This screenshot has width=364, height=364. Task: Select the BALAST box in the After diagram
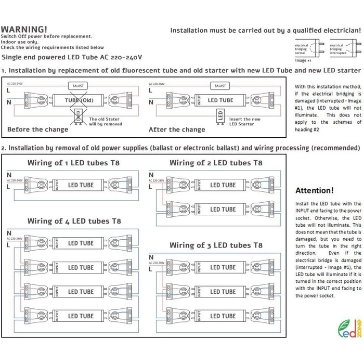tap(220, 85)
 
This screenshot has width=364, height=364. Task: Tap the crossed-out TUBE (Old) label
tap(79, 100)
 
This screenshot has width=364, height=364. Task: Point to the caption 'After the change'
tap(177, 129)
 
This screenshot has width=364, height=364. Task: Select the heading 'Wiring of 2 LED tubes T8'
tap(216, 163)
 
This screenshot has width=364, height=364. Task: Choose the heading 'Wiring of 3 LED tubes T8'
tap(216, 245)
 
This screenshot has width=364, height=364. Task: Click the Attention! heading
tap(314, 191)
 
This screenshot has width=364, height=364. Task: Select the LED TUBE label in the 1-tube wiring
tap(81, 185)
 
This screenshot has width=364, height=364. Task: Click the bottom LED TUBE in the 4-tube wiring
tap(81, 316)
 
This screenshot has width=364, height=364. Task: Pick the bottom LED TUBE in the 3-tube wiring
tap(223, 316)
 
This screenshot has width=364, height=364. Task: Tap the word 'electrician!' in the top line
tap(340, 31)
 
